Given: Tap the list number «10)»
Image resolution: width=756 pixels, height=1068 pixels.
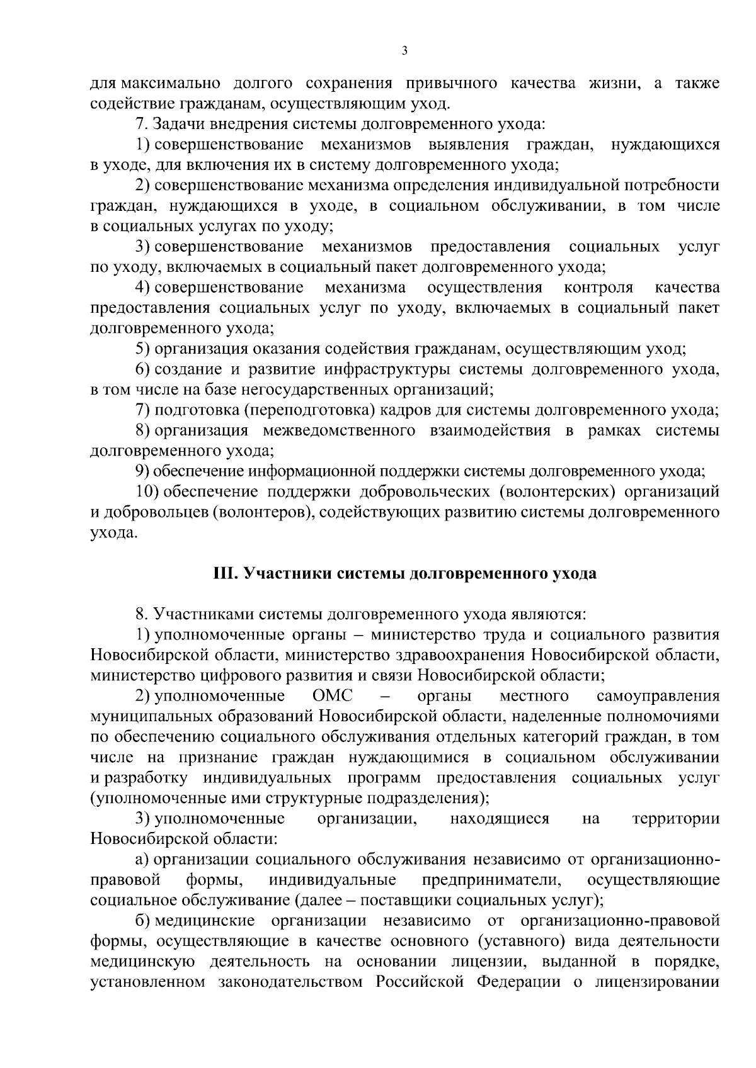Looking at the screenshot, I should pyautogui.click(x=147, y=492).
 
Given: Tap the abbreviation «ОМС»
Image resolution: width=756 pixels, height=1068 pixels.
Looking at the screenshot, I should pyautogui.click(x=332, y=696).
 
